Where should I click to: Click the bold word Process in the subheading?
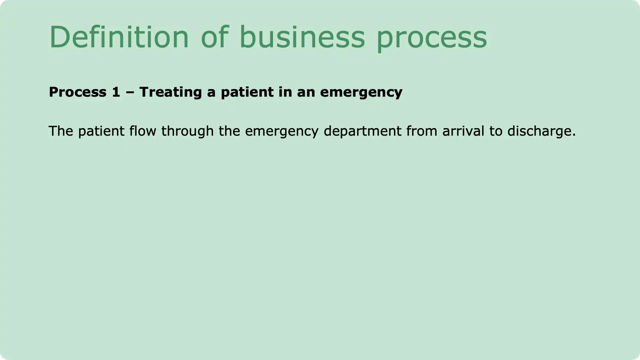(x=78, y=92)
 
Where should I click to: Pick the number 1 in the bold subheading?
(x=116, y=92)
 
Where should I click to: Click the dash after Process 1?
(x=130, y=92)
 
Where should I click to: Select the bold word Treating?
(x=170, y=92)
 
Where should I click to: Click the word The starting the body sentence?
(x=61, y=131)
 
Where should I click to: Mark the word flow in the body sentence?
(x=143, y=131)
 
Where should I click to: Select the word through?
(x=187, y=131)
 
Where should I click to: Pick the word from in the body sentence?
(x=421, y=131)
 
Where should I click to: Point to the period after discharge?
(x=574, y=135)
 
